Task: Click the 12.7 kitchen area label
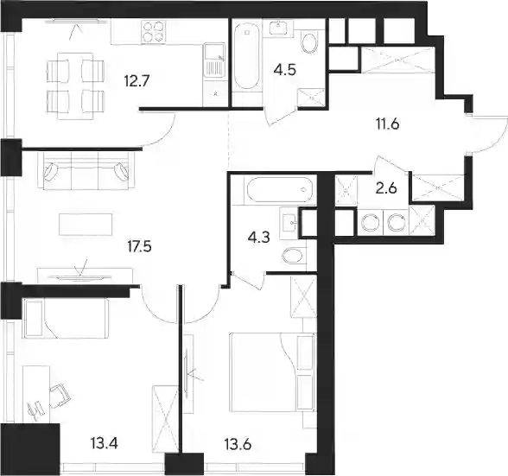(x=137, y=80)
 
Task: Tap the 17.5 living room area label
(x=139, y=247)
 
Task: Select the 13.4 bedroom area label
(x=105, y=443)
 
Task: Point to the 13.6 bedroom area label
(x=238, y=445)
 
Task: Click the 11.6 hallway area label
(x=387, y=124)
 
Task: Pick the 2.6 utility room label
(x=386, y=188)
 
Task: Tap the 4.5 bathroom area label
(x=285, y=70)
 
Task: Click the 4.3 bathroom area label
(x=258, y=238)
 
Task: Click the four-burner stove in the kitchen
(x=153, y=31)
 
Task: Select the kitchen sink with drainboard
(x=214, y=60)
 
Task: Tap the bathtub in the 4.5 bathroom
(x=247, y=56)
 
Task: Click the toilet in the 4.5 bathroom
(x=309, y=42)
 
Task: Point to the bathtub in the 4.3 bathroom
(x=280, y=190)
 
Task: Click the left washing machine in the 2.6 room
(x=371, y=223)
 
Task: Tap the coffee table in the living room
(x=86, y=225)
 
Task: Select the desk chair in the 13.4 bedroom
(x=60, y=396)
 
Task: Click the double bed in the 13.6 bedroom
(x=272, y=372)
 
